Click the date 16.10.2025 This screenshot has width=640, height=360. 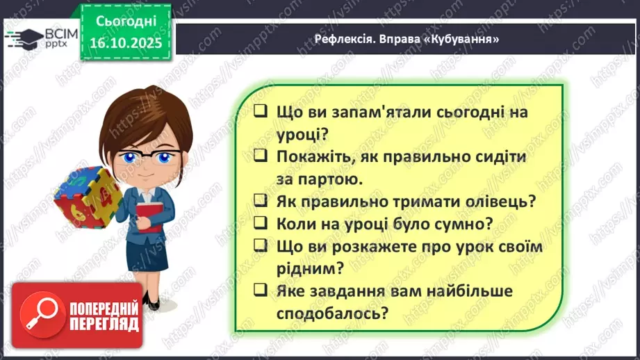tap(125, 42)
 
